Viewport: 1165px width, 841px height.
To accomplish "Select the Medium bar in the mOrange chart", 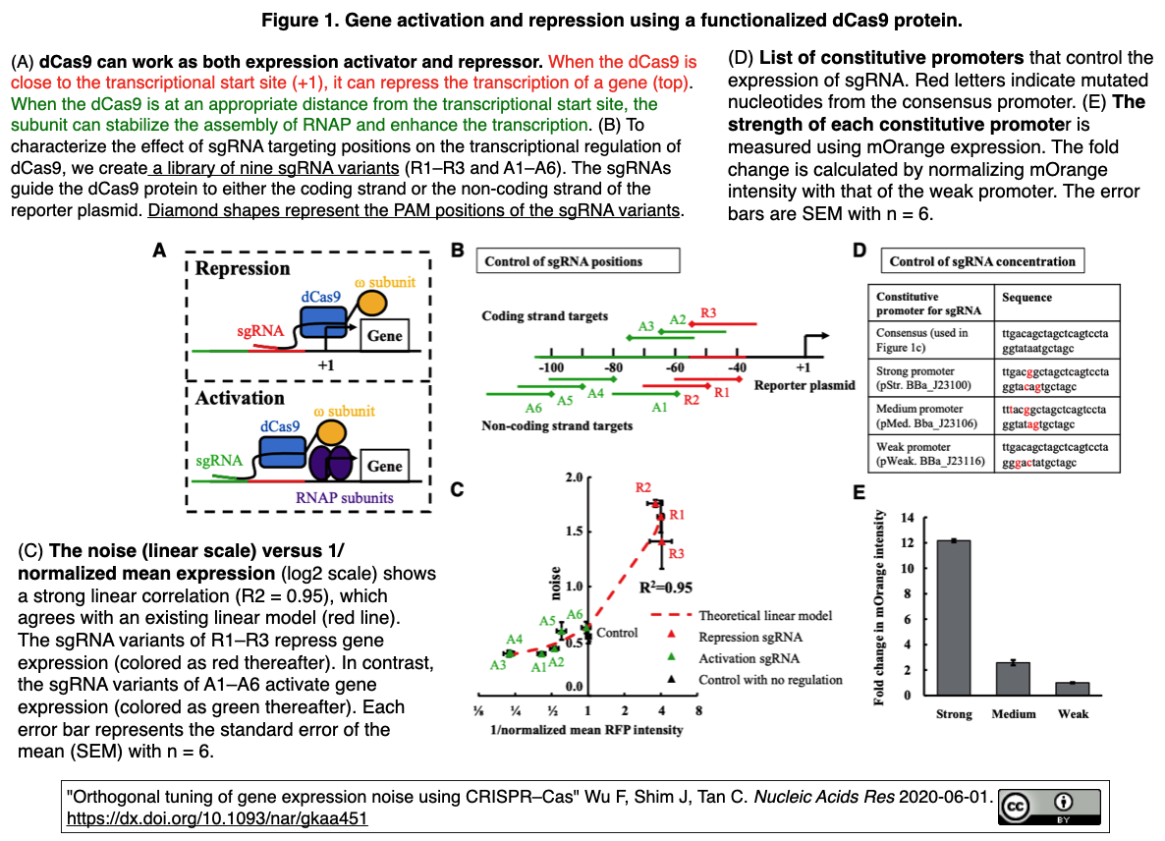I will pyautogui.click(x=1013, y=679).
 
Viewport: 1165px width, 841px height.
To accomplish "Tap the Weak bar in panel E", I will pyautogui.click(x=1073, y=689).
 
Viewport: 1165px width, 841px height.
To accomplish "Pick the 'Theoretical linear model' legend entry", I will pyautogui.click(x=764, y=616).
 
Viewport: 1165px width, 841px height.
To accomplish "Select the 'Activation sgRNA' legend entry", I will pyautogui.click(x=748, y=658).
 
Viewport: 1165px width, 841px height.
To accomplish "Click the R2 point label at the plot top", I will pyautogui.click(x=644, y=488).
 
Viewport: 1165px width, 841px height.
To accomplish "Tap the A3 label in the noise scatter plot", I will pyautogui.click(x=498, y=665).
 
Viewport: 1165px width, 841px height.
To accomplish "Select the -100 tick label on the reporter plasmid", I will pyautogui.click(x=551, y=367).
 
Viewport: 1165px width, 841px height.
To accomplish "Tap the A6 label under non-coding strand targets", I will pyautogui.click(x=533, y=407).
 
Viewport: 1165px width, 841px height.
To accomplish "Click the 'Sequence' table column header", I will pyautogui.click(x=1026, y=297).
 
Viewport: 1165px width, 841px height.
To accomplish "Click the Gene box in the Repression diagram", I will pyautogui.click(x=384, y=335).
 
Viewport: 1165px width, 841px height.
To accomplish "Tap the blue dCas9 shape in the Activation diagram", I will pyautogui.click(x=282, y=452).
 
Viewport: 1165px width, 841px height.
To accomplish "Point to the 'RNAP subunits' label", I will pyautogui.click(x=344, y=497).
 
